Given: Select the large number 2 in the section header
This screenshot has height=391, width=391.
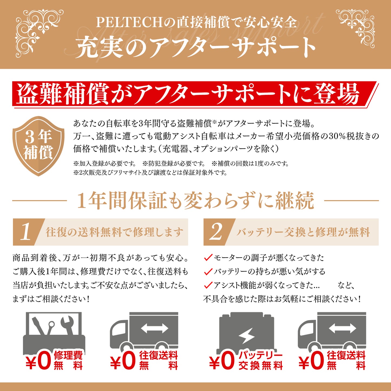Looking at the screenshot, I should tap(216, 232).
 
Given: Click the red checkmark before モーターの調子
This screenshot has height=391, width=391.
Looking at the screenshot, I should tap(208, 257).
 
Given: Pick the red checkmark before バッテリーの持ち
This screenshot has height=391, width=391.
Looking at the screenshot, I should tap(208, 271).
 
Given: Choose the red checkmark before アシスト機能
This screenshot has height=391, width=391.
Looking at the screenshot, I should tap(208, 285).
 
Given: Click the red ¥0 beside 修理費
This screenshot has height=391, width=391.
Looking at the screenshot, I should tap(38, 361).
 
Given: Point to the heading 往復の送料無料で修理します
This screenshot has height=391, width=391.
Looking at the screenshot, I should tap(114, 232).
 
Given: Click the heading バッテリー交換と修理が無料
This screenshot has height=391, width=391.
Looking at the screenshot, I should tap(303, 232).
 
